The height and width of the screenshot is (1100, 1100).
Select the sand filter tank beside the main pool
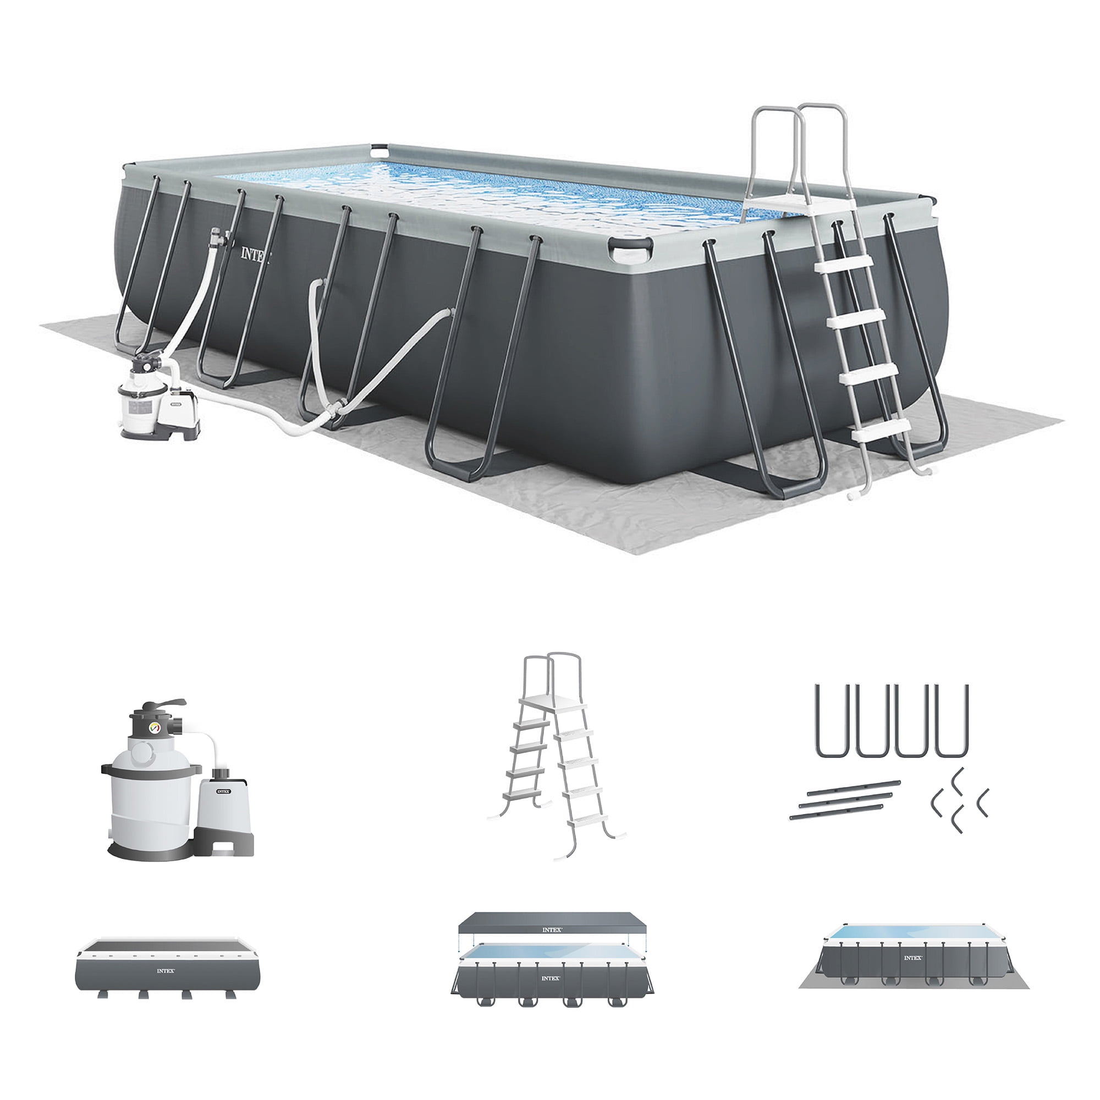click(139, 399)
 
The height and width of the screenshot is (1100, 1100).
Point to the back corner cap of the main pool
click(378, 152)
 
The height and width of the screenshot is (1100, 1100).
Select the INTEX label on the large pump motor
click(224, 791)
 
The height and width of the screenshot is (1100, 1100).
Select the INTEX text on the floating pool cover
click(551, 930)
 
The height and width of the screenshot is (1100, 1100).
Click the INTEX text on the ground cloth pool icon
click(912, 958)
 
